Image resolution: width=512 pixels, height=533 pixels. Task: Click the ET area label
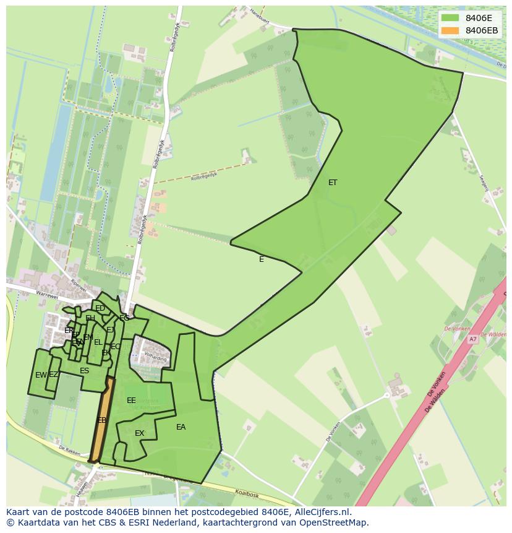[x=333, y=183]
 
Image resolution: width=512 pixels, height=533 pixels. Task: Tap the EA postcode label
[x=181, y=427]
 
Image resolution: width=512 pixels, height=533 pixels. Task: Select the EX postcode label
[x=140, y=433]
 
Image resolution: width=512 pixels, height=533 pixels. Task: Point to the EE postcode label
[x=131, y=401]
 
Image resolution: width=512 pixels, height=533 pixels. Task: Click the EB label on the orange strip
[x=102, y=420]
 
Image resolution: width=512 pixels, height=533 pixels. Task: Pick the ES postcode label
[x=85, y=371]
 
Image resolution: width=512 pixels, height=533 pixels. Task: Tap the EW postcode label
[x=41, y=375]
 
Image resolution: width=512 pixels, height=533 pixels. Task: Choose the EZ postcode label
[x=54, y=375]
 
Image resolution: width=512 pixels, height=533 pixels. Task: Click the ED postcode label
[x=100, y=308]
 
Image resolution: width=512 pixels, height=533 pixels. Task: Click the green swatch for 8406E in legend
[x=450, y=18]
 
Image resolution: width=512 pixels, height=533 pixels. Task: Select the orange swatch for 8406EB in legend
[x=450, y=30]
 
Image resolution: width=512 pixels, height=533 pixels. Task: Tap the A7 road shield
[x=473, y=339]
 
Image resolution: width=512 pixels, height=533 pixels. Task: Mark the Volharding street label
[x=156, y=357]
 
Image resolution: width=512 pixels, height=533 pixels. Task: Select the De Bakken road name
[x=70, y=450]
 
